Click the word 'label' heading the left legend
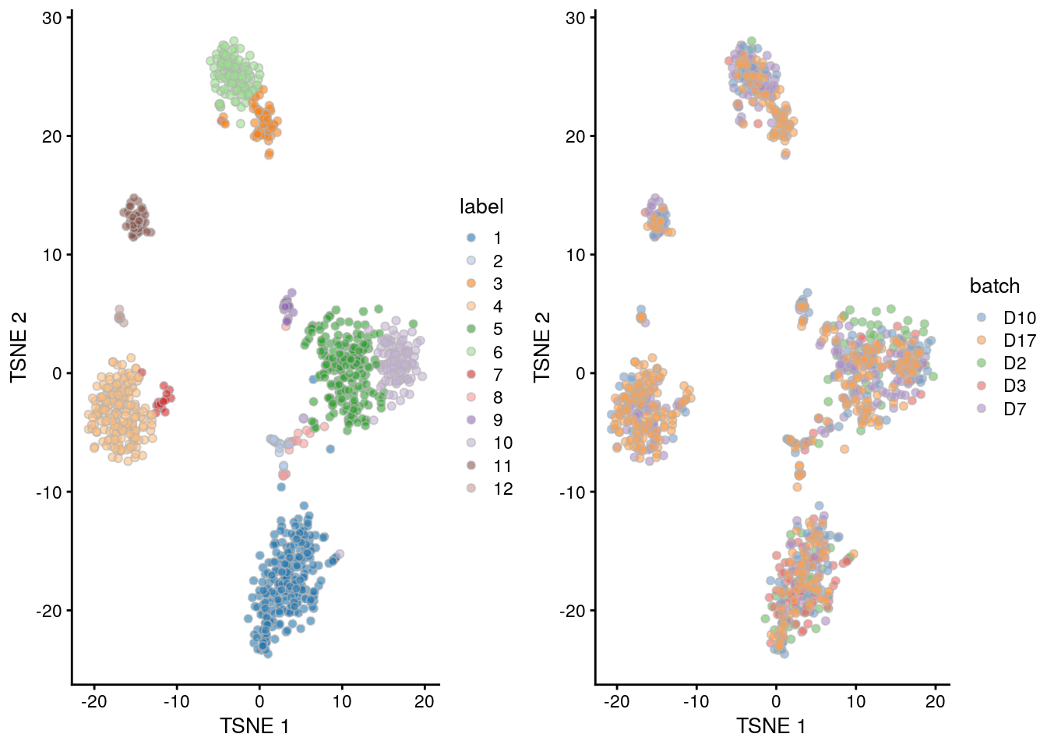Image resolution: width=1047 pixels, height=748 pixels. point(481,206)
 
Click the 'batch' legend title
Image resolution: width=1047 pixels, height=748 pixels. point(995,286)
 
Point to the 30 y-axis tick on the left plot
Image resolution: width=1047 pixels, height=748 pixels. point(52,18)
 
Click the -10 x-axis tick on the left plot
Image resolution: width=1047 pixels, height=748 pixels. point(176,701)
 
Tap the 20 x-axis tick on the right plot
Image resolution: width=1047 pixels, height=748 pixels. point(935,701)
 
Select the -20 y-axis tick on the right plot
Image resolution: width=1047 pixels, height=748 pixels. point(575,611)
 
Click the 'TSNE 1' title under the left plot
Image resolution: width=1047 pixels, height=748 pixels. point(255,726)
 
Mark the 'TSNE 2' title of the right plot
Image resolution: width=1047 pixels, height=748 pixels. point(542,347)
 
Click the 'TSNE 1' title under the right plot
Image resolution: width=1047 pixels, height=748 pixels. point(771,726)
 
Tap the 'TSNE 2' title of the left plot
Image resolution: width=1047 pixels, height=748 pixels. point(19,347)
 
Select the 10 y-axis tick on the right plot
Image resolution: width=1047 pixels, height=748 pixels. point(576,255)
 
